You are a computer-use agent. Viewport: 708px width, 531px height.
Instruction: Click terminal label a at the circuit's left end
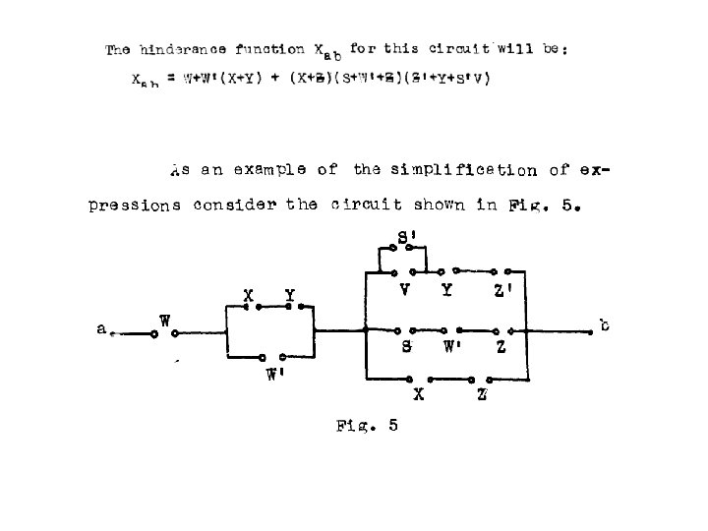pos(102,330)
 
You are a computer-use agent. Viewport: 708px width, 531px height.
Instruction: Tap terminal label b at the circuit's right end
pos(604,324)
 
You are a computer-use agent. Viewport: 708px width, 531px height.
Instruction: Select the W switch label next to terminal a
pos(166,321)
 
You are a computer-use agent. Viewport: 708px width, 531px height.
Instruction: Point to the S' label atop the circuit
pos(406,237)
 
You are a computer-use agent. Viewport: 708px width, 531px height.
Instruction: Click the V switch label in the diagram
pos(405,290)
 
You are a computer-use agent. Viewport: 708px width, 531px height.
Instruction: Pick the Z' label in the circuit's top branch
pos(503,291)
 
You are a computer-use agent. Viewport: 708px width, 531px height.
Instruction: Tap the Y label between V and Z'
pos(447,290)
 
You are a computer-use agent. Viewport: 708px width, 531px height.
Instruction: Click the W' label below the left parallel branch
pos(275,375)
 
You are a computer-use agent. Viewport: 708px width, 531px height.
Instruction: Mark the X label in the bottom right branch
pos(420,395)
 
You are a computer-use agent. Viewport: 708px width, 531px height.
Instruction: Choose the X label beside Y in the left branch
pos(250,294)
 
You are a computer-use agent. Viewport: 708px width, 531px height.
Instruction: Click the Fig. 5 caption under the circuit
pos(366,426)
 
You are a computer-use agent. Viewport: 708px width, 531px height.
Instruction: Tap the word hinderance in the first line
pos(183,48)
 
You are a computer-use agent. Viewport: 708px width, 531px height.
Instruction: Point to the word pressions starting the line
pos(134,206)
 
